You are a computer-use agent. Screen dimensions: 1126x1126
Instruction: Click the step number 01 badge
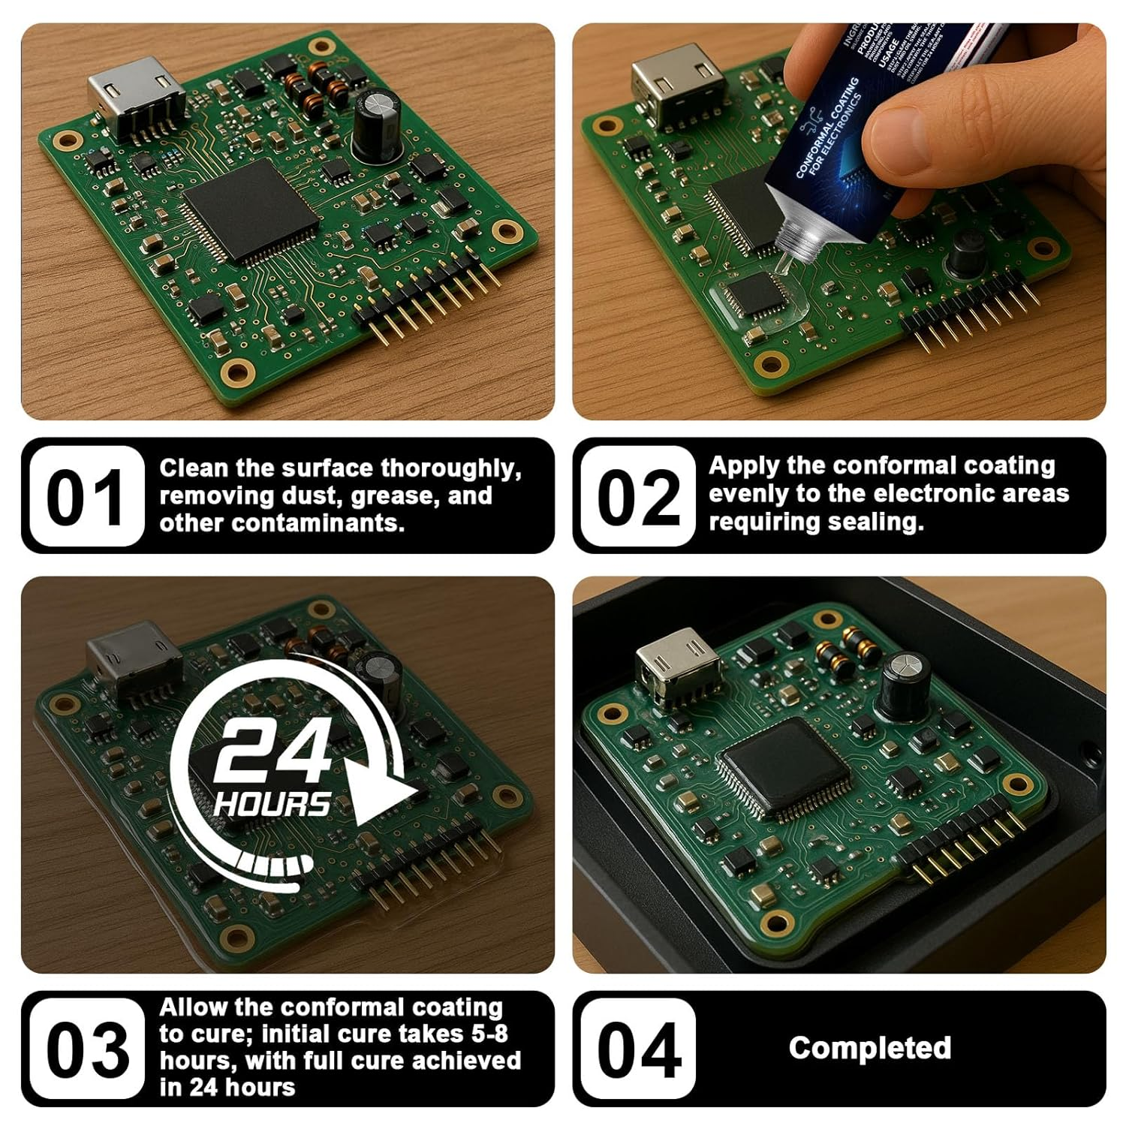tap(84, 496)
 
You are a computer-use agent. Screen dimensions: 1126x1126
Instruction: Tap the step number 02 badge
tap(637, 496)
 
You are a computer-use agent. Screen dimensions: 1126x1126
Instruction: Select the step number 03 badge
tap(84, 1049)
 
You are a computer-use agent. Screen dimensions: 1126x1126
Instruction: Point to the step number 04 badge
tap(637, 1049)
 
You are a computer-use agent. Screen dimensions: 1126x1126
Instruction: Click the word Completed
tap(869, 1048)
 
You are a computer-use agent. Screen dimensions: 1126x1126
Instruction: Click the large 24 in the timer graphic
tap(272, 753)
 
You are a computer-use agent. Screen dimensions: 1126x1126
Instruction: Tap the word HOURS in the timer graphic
tap(272, 805)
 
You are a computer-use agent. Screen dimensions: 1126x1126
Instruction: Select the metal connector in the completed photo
tap(676, 664)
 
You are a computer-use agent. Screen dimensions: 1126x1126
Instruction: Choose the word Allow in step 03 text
tap(193, 1007)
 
